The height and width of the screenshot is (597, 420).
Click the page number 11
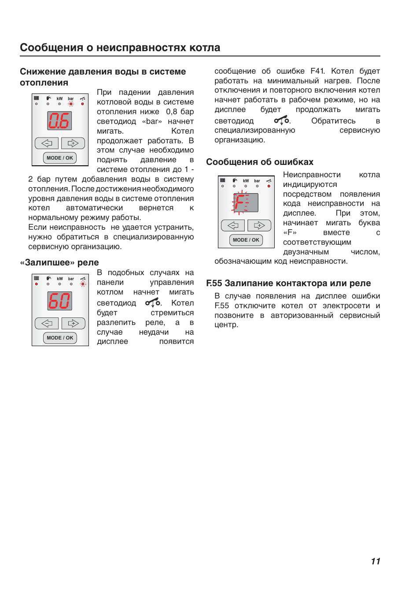coord(375,561)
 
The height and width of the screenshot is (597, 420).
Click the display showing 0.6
coord(59,121)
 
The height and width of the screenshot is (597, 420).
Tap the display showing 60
coord(59,301)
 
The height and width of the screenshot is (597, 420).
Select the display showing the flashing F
coord(245,203)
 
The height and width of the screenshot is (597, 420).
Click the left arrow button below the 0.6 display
coord(47,143)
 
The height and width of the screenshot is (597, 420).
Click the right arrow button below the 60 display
coord(73,323)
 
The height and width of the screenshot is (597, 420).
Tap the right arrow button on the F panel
coord(259,226)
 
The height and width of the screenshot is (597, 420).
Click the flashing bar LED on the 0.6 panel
coord(71,104)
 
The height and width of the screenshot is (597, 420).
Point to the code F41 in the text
coord(317,71)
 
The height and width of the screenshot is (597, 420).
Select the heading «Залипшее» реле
coord(59,262)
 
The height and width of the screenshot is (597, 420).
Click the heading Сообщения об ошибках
coord(260,162)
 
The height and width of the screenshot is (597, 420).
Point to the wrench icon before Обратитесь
coord(281,120)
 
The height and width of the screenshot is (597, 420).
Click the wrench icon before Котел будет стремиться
coord(153,302)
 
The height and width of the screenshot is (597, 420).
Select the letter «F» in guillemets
coord(290,232)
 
